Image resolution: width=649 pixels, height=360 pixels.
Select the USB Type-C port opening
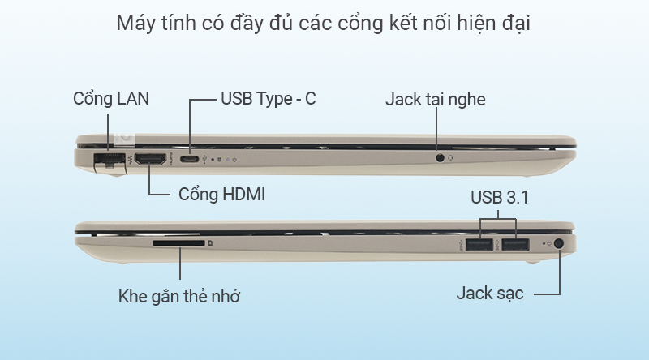(x=191, y=158)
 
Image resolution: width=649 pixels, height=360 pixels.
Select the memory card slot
(x=179, y=242)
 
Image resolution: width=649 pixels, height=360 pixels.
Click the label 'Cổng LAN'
(x=111, y=99)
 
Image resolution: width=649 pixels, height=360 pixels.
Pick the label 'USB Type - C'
(x=268, y=99)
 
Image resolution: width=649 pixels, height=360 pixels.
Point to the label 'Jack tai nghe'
(x=435, y=99)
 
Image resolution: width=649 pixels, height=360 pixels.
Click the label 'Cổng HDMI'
(x=221, y=195)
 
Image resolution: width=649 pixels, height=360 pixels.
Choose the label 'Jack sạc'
(x=489, y=293)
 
